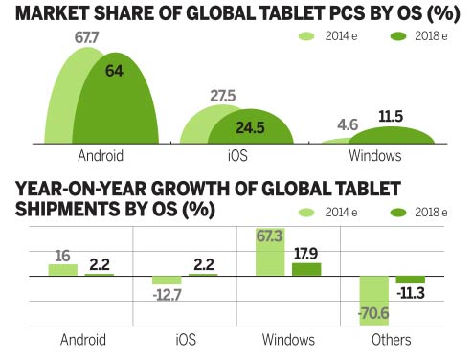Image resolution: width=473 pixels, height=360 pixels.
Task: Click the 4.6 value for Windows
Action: [349, 124]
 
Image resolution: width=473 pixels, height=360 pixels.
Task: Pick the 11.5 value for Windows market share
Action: [392, 116]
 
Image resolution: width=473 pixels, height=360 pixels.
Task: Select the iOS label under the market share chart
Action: [237, 156]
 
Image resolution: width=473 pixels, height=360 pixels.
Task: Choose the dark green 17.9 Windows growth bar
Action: [306, 270]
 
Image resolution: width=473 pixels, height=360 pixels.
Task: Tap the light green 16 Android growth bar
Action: [63, 270]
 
